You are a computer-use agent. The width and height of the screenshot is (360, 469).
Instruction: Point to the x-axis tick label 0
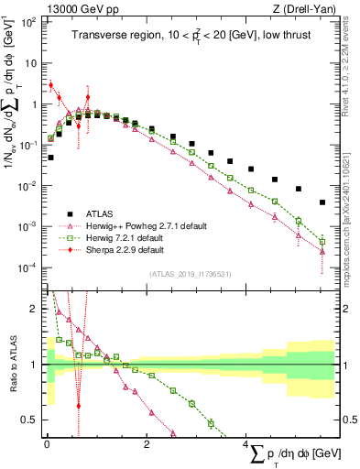click(47, 444)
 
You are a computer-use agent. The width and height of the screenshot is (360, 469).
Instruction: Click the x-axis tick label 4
click(245, 444)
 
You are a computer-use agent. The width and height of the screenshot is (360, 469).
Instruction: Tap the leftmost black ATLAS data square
click(50, 158)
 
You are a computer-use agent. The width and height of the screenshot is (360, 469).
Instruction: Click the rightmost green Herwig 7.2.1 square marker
click(322, 242)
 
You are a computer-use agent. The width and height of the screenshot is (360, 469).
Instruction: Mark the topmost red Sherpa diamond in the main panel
click(50, 84)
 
